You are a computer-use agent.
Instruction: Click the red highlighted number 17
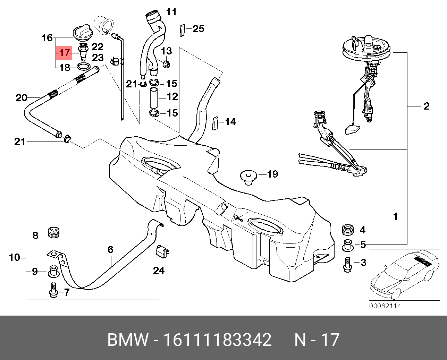coord(65,53)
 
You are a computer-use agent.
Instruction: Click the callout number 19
coord(273,174)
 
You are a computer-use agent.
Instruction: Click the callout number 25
coord(198,29)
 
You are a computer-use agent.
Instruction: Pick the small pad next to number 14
coord(215,123)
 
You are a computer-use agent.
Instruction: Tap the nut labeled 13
coord(166,64)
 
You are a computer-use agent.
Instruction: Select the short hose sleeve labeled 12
coord(153,98)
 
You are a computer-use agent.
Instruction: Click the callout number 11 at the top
coord(171,12)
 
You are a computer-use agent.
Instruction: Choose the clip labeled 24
coord(161,251)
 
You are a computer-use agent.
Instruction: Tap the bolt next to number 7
coord(53,290)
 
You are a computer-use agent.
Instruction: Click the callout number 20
coord(22,98)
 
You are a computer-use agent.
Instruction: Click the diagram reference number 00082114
coord(385,306)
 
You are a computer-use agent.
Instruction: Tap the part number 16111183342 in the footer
coord(217,340)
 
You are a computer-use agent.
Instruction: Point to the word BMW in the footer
coord(127,340)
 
